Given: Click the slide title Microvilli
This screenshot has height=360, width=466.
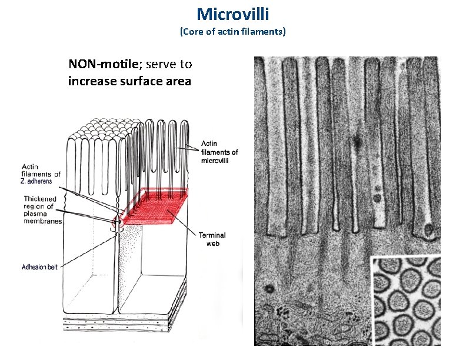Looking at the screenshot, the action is (232, 14).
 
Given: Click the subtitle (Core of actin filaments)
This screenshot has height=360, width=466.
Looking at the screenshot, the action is (232, 31).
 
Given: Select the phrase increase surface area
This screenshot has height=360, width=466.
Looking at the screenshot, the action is (129, 81).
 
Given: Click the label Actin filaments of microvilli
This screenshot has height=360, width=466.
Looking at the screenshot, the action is (219, 152).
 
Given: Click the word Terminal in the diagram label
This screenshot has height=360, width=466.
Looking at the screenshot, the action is (212, 235).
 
